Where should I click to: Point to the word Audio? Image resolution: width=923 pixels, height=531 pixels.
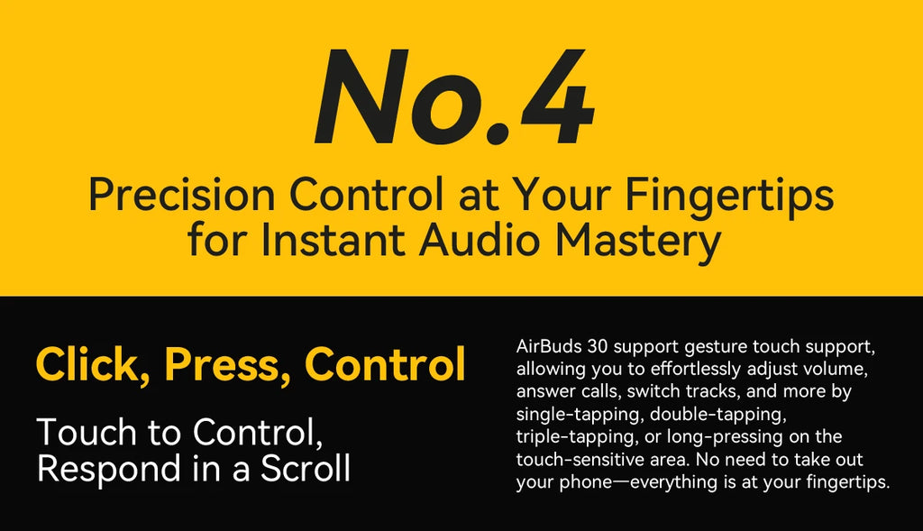479,240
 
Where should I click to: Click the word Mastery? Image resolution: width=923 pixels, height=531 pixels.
638,243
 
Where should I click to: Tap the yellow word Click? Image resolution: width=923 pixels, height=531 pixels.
89,364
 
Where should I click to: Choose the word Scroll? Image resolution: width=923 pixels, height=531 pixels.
306,468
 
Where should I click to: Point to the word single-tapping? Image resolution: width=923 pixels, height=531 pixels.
579,415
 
